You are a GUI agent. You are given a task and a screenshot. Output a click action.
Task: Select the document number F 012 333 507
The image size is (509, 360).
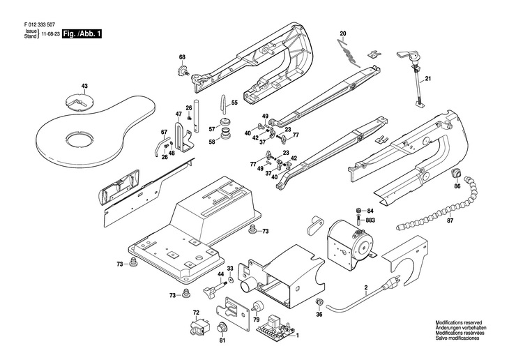[34, 24]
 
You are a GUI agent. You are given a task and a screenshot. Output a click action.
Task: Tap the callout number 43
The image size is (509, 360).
[84, 87]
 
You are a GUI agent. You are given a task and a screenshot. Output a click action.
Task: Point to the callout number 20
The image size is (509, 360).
[343, 34]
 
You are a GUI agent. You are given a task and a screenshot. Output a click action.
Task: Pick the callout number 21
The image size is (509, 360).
[428, 78]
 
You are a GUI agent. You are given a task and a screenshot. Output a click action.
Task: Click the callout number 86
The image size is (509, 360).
[457, 187]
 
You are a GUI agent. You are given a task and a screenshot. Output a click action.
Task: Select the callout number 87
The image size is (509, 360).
[469, 220]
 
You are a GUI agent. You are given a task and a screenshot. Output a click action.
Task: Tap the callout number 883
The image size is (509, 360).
[370, 220]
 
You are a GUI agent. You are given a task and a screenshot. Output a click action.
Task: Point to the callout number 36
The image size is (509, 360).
[319, 314]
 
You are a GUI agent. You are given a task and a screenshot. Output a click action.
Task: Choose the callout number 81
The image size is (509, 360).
[222, 340]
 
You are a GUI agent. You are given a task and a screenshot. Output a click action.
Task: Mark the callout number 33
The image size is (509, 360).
[230, 269]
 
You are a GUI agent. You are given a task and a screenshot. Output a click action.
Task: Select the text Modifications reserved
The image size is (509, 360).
[460, 324]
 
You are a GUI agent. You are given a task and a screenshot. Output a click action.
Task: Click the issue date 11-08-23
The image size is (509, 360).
[48, 33]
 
